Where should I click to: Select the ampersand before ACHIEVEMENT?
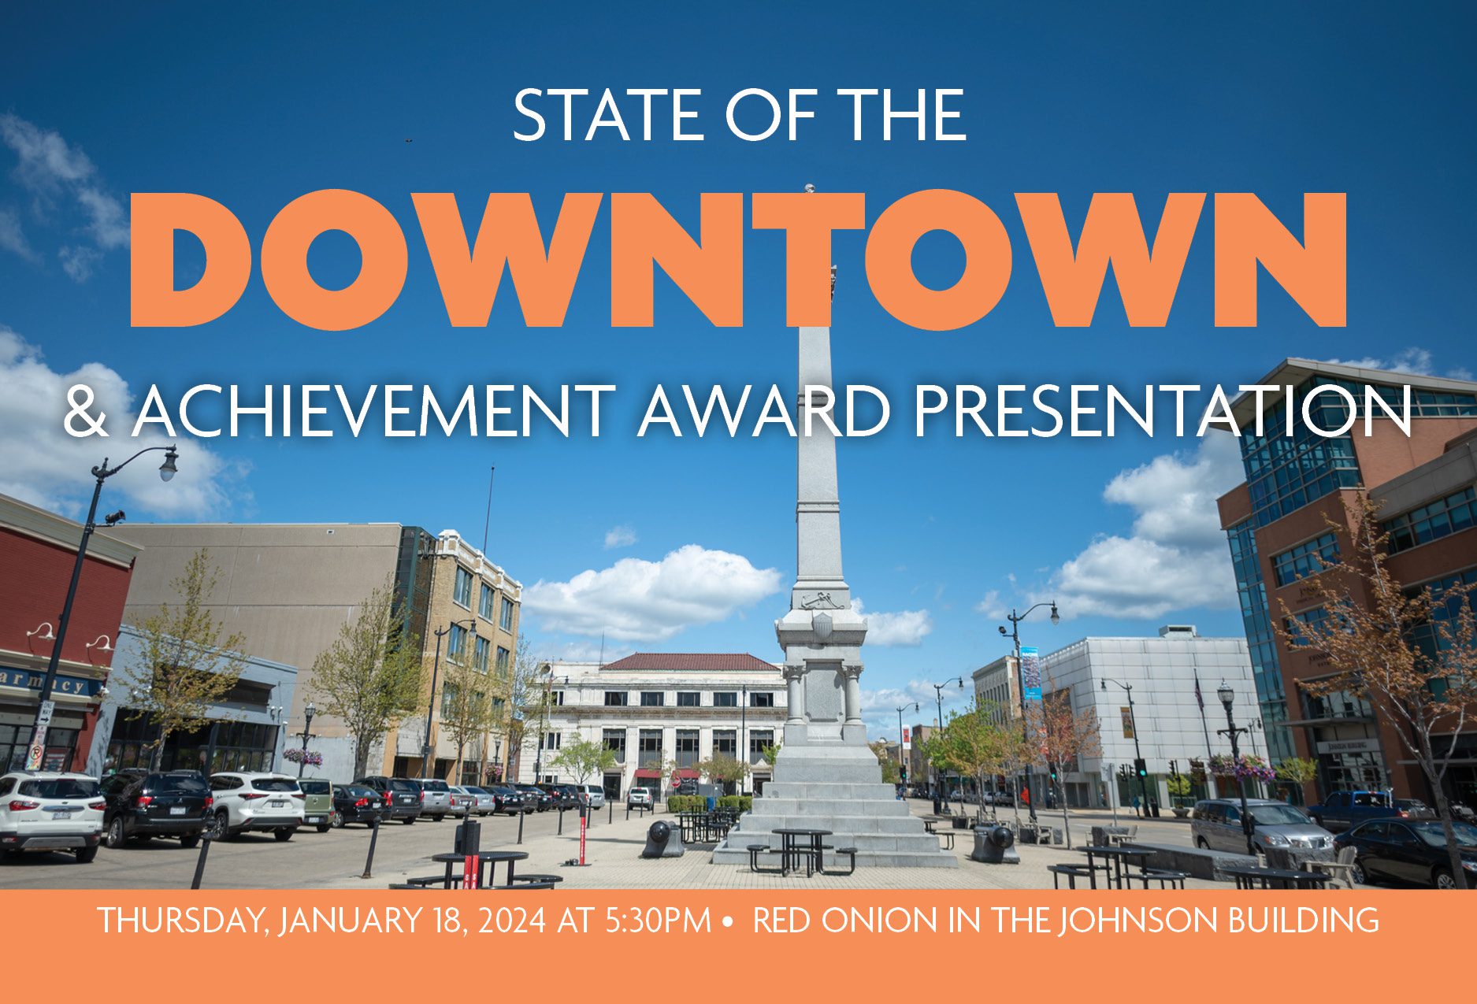click(85, 411)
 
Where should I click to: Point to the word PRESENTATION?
click(1163, 411)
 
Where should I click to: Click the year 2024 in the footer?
click(511, 920)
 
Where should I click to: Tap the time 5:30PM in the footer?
click(659, 920)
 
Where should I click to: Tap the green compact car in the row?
click(317, 803)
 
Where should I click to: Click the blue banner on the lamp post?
click(1030, 673)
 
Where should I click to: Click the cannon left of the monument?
click(662, 838)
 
